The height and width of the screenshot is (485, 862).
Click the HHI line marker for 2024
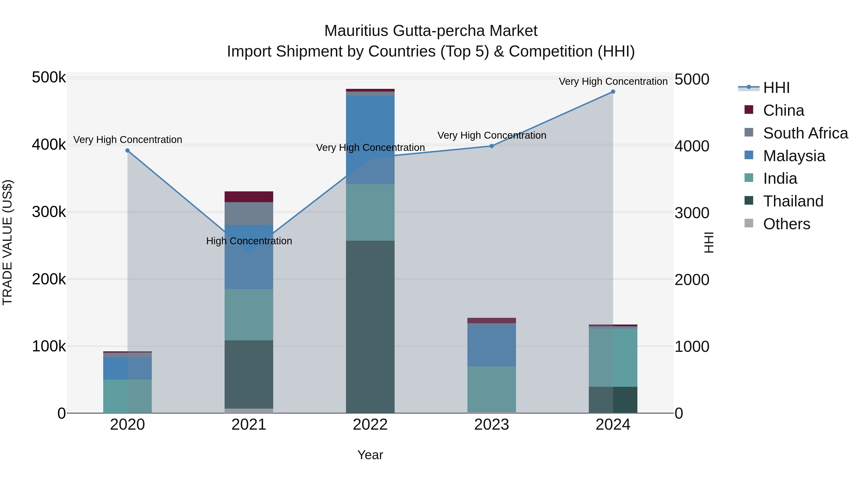point(613,92)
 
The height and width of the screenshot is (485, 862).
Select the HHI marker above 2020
point(127,151)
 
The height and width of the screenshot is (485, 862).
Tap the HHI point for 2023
point(492,146)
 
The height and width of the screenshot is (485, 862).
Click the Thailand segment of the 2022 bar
point(370,326)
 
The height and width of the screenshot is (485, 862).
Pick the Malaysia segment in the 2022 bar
point(370,140)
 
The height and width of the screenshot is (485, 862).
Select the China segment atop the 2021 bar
point(249,197)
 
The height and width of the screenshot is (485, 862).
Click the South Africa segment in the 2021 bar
point(249,214)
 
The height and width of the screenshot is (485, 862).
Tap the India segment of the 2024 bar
point(613,358)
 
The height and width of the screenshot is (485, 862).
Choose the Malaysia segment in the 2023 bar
point(492,345)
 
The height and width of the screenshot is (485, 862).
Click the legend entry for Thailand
point(793,201)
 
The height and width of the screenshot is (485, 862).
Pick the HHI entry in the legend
point(776,88)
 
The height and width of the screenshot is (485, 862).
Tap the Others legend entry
point(786,224)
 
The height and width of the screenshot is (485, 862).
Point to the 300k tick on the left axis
point(49,212)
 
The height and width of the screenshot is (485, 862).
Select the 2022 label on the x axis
point(370,425)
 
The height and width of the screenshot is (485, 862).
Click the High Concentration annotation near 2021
point(249,241)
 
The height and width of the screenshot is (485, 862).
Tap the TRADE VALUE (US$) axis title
point(8,242)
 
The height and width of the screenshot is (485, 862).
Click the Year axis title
point(370,455)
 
